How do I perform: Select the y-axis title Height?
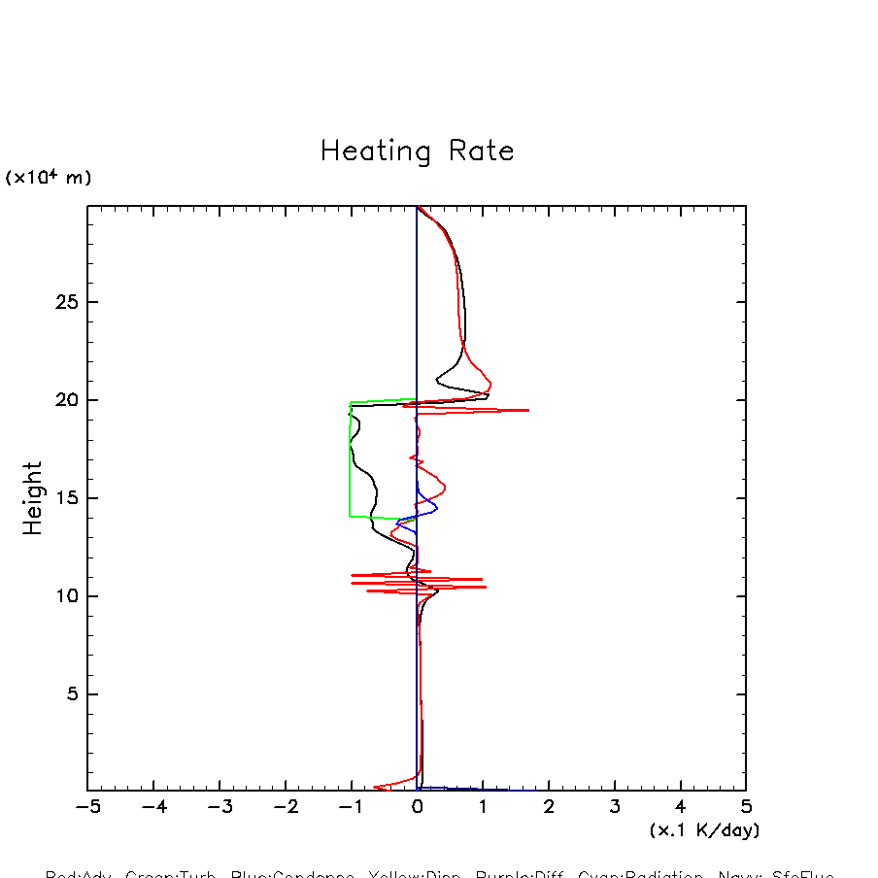[x=33, y=498]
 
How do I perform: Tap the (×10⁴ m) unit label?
[x=49, y=178]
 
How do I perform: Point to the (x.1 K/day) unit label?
[x=704, y=830]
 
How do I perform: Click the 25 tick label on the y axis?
[x=64, y=302]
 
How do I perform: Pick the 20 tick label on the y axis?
[x=64, y=400]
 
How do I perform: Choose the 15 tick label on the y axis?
[x=64, y=498]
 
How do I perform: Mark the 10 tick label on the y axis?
[x=64, y=596]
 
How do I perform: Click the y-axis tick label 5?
[x=70, y=694]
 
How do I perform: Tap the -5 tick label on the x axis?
[x=87, y=807]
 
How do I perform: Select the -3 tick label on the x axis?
[x=219, y=807]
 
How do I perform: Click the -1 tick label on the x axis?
[x=351, y=807]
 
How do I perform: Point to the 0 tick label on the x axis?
[x=418, y=807]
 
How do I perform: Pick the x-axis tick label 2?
[x=549, y=807]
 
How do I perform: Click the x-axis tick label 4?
[x=680, y=807]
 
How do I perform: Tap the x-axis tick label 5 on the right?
[x=746, y=807]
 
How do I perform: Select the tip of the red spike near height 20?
[x=527, y=410]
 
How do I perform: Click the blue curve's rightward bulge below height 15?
[x=436, y=508]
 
